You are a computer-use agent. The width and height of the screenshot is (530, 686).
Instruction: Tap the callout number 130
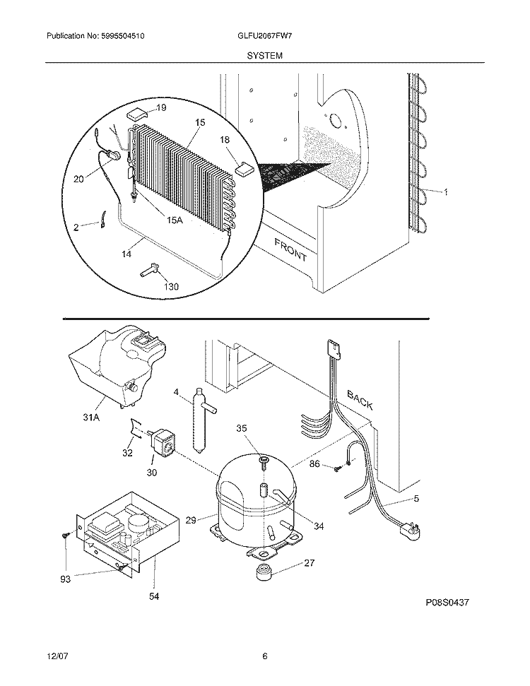[171, 286]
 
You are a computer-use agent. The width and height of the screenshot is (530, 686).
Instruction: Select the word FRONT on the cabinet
[290, 249]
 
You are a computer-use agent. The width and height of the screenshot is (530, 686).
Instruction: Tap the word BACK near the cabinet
[360, 401]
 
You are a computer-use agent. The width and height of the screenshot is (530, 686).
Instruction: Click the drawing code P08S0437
[447, 603]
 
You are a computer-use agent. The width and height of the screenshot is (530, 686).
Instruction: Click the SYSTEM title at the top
[265, 54]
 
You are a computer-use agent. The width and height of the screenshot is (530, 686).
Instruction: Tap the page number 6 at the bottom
[264, 656]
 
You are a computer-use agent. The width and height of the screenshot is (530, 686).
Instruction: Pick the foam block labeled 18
[245, 167]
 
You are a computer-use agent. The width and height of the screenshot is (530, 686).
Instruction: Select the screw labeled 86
[338, 466]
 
